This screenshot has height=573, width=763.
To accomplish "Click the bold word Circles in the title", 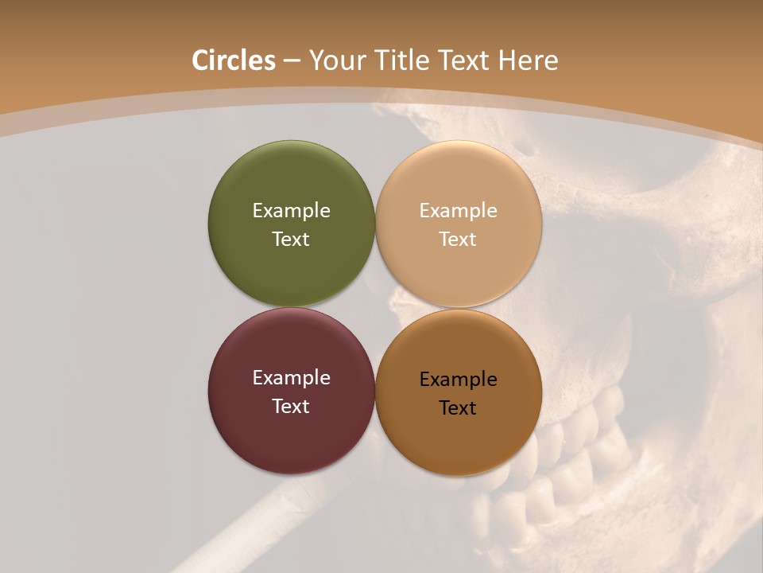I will tap(234, 60).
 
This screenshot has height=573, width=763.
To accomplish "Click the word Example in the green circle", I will tap(291, 210).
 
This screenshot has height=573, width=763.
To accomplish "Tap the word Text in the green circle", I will tap(291, 239).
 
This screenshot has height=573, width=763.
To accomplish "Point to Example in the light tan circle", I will tap(459, 210).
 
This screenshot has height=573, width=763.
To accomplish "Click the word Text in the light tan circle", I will tap(459, 239).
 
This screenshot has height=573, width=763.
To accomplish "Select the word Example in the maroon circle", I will tap(291, 377).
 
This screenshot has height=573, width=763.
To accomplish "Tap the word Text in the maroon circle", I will tap(291, 406).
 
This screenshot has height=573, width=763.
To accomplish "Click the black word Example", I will tap(459, 379).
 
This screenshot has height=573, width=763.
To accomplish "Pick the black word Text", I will tap(459, 407).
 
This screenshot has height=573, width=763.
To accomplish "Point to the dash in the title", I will tap(292, 60).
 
